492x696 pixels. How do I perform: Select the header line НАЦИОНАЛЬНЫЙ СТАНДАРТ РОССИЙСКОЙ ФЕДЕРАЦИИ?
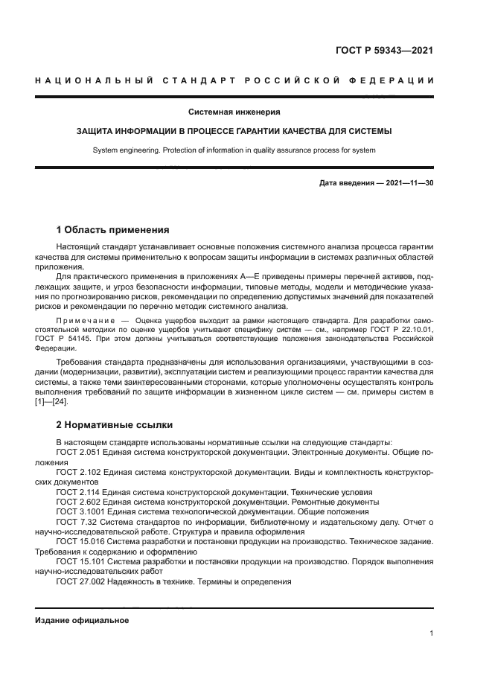click(x=234, y=80)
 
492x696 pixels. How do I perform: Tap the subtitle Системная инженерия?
click(x=234, y=112)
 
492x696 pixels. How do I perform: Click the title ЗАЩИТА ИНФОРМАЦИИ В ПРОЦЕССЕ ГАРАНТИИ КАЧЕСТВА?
click(x=234, y=131)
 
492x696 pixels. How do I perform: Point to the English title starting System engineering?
click(x=234, y=150)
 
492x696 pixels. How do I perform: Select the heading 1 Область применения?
click(x=112, y=229)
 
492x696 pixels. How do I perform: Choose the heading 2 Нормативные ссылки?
click(x=115, y=425)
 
